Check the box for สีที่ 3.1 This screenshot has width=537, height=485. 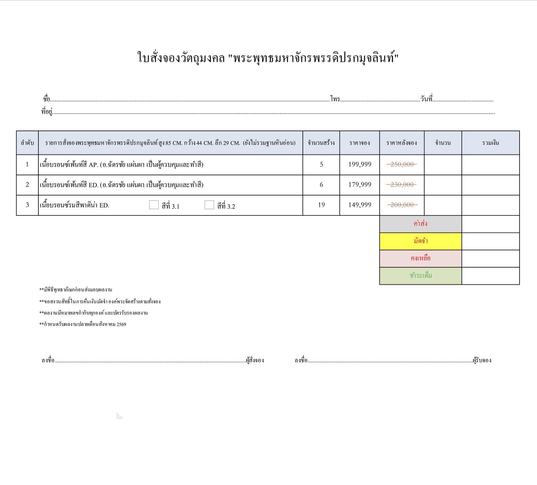pos(154,205)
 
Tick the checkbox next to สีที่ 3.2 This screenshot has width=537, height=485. pos(209,205)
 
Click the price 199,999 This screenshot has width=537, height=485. pos(360,164)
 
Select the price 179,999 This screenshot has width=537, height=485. pos(360,185)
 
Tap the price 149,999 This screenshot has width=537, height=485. pos(360,205)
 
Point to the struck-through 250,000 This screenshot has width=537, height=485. pos(402,164)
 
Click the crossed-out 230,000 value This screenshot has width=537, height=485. pos(402,185)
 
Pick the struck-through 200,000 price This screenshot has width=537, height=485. pos(402,205)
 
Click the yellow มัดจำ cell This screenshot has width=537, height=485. pos(420,241)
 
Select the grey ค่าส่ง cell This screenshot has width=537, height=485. pos(420,224)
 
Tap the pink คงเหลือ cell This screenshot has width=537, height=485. pos(420,258)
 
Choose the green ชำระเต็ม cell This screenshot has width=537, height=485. pos(420,276)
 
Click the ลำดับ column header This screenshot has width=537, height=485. pos(27,143)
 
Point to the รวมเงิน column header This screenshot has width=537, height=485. pos(490,143)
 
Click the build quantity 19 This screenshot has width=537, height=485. pos(321,205)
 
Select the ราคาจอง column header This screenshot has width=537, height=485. pos(360,143)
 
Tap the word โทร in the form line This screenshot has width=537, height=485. pos(335,99)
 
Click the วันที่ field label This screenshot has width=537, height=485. pos(426,99)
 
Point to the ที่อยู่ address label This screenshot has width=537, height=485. pos(47,111)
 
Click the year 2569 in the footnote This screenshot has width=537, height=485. pos(121,324)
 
